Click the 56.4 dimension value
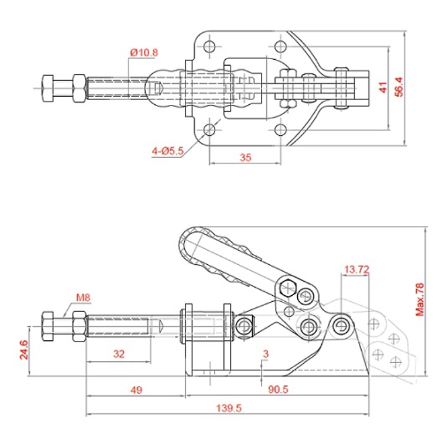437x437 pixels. click(x=399, y=87)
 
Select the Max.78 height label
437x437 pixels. click(x=421, y=299)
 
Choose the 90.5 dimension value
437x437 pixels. click(x=277, y=389)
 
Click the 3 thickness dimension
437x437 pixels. click(x=266, y=353)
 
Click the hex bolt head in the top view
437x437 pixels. click(x=50, y=88)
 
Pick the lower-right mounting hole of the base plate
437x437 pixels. click(x=280, y=128)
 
